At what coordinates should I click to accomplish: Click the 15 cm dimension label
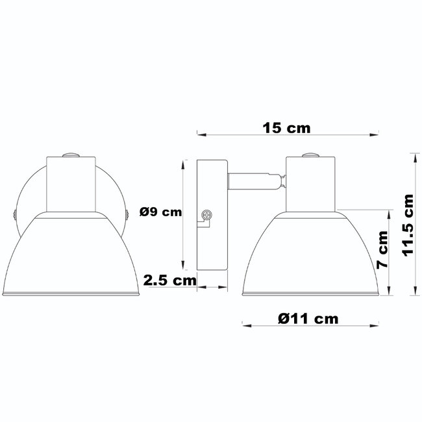286,127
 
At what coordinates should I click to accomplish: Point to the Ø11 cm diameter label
308,318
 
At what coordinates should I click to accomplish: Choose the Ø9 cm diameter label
160,212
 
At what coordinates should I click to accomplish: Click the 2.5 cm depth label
169,280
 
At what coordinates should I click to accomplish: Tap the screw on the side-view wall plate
208,214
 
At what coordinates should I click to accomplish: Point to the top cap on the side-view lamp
310,154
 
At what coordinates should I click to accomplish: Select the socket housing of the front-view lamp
71,184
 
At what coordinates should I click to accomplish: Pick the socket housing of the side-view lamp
310,184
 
